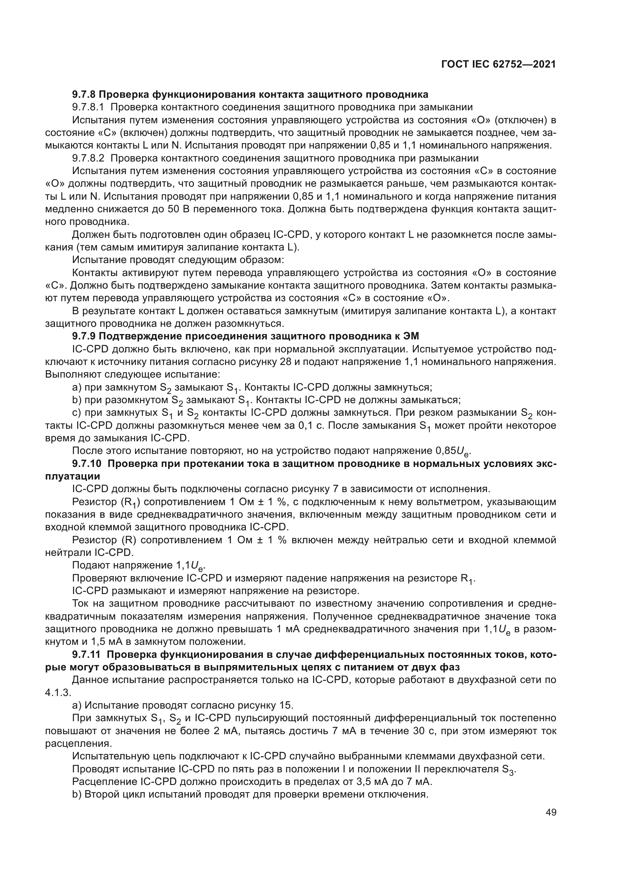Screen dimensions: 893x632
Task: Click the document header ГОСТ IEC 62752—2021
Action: coord(499,65)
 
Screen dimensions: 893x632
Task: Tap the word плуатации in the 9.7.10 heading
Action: coord(73,476)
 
